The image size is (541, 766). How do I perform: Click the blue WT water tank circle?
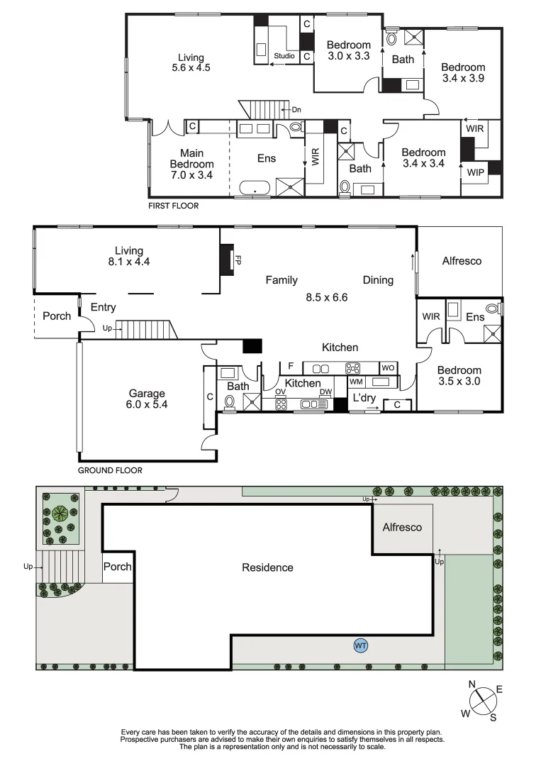point(360,645)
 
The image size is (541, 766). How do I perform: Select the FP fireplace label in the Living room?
point(238,260)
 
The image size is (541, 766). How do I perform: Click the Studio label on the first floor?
point(284,55)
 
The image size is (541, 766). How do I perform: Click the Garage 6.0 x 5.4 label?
point(147,399)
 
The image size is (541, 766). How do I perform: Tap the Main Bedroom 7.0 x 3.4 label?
point(191,164)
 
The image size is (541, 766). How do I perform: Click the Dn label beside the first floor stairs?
point(296,110)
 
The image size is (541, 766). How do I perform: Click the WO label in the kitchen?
point(388,368)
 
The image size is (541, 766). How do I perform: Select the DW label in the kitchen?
point(325,392)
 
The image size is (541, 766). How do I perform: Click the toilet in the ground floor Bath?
point(229,402)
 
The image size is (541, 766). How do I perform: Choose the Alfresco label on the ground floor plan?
point(462,261)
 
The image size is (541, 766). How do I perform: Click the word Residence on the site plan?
point(267,567)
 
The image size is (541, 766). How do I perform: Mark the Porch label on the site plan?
point(118,567)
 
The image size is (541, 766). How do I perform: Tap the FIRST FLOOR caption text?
point(173,206)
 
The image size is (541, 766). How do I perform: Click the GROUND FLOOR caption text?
point(110,470)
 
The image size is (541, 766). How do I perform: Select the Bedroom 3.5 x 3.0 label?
point(459,375)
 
